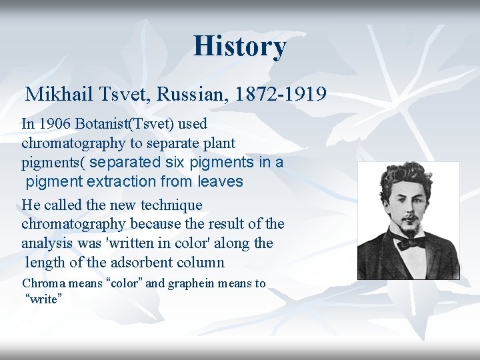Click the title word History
pos(240,46)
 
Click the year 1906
pos(54,124)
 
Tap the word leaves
pos(221,181)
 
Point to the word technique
pos(171,205)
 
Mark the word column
pos(203,263)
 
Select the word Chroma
pos(43,283)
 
